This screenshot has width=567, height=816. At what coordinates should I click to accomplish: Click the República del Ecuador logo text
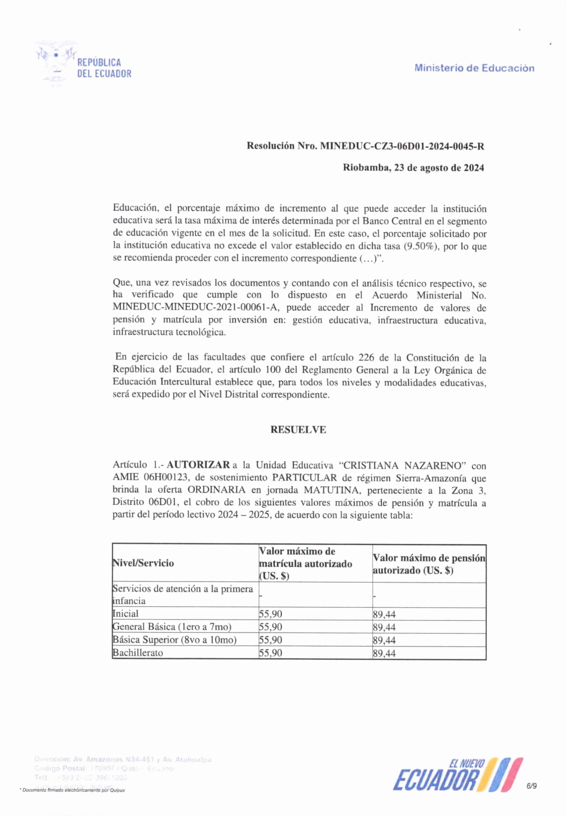(x=104, y=68)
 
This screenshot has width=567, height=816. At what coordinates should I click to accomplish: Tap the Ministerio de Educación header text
(x=474, y=68)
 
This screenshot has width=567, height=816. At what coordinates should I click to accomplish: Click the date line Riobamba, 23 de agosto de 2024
(x=413, y=168)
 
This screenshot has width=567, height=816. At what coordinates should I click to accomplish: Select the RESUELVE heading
(x=298, y=430)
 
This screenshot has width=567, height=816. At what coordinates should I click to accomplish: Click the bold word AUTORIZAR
(x=198, y=465)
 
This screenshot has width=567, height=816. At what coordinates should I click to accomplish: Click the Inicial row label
(x=126, y=614)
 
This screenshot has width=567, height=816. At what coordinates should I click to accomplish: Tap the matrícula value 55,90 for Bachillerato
(x=271, y=653)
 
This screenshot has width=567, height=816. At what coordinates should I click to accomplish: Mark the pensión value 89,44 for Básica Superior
(x=384, y=640)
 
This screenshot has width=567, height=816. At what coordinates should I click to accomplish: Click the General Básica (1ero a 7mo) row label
(x=172, y=627)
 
